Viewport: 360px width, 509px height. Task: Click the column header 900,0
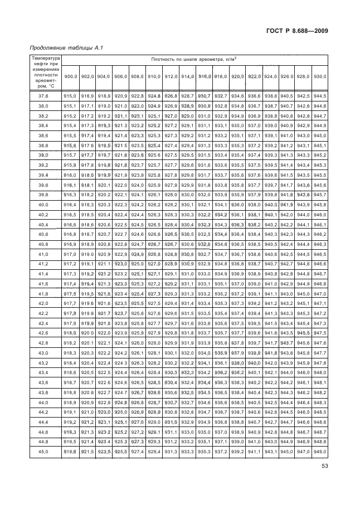pos(71,76)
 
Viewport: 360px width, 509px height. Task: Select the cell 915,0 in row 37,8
pos(70,96)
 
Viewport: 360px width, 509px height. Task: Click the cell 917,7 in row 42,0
pos(70,303)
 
